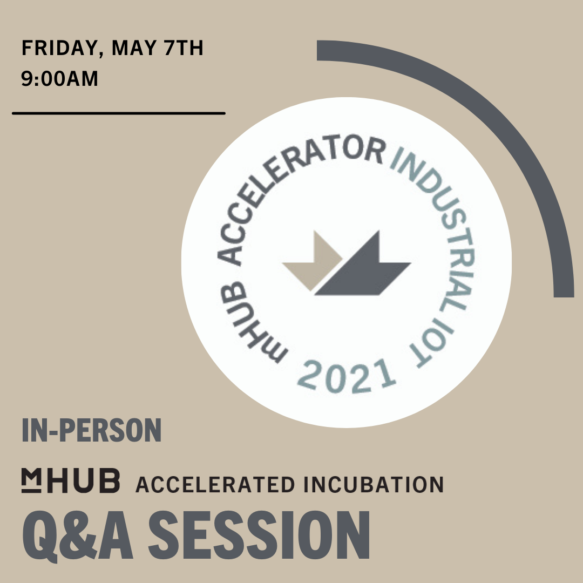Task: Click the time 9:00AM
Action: pyautogui.click(x=59, y=78)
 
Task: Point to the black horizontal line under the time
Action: pyautogui.click(x=119, y=113)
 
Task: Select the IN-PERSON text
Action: pyautogui.click(x=91, y=430)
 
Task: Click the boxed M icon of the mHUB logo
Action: pyautogui.click(x=31, y=480)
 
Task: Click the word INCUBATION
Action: pyautogui.click(x=374, y=484)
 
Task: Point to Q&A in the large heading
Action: pyautogui.click(x=77, y=535)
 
